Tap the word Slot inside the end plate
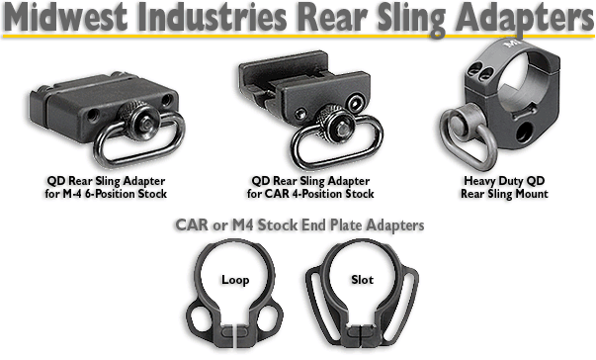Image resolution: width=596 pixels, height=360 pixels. point(363,280)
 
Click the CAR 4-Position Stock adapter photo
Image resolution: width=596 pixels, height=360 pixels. point(297,109)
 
